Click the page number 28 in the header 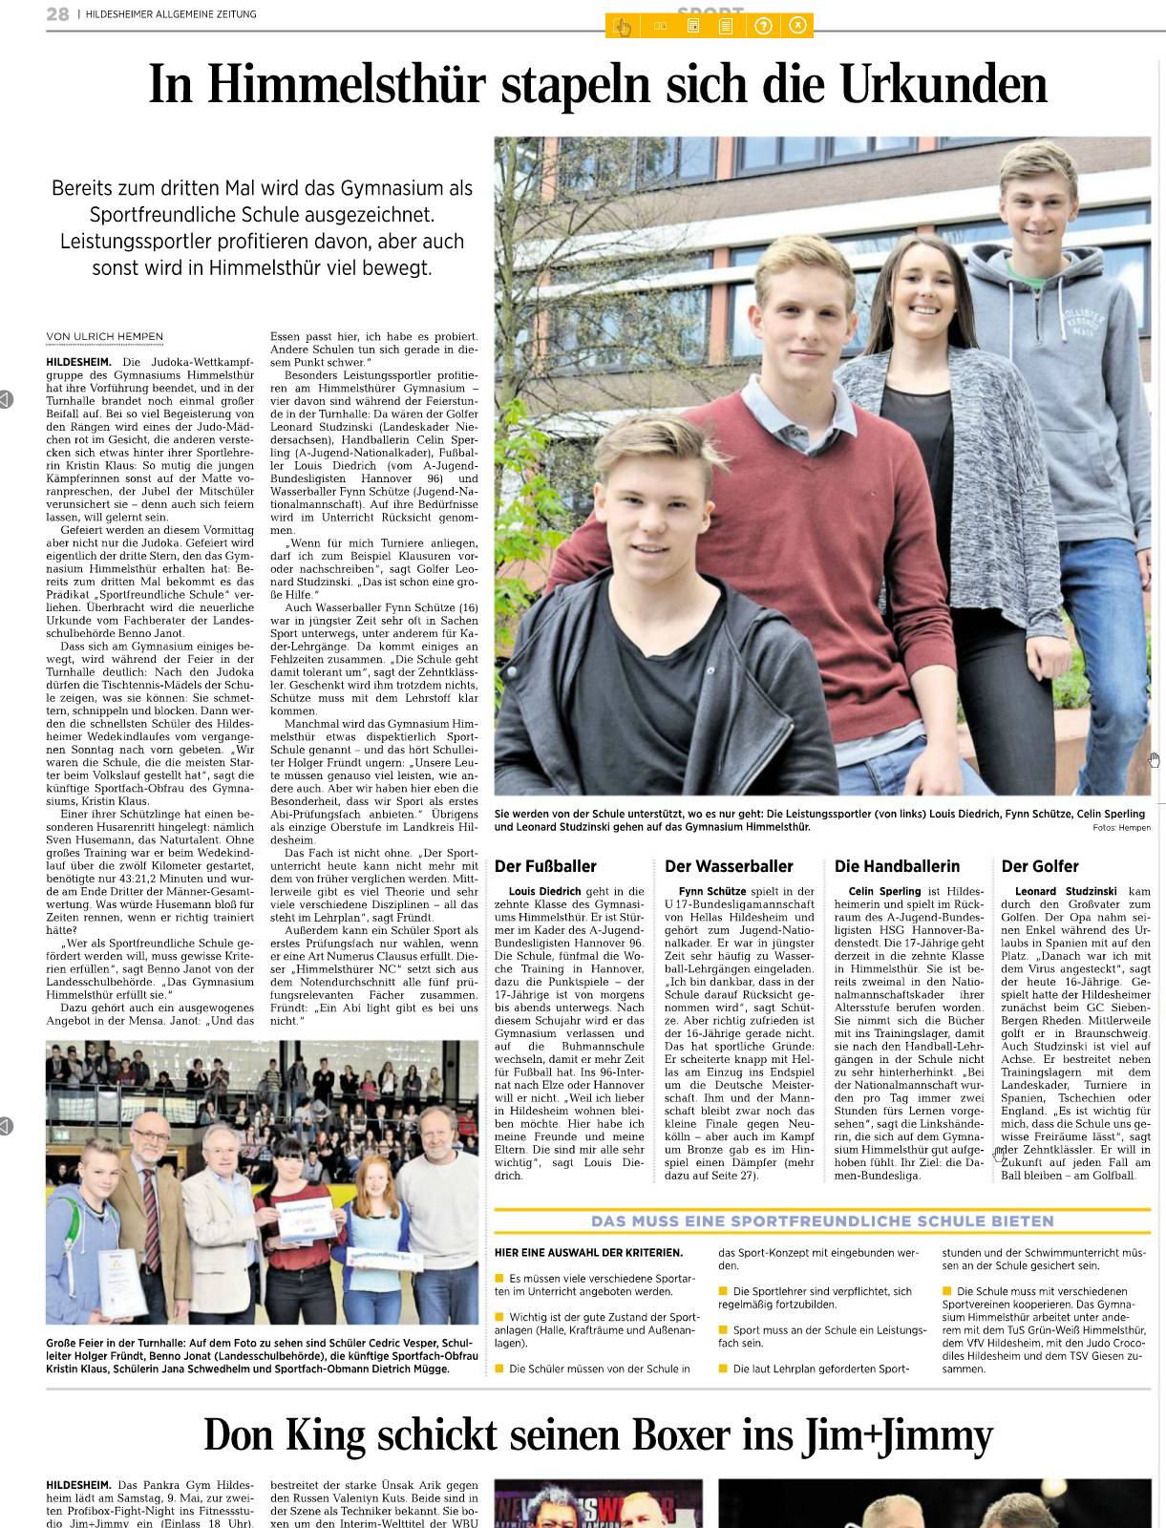[x=57, y=14]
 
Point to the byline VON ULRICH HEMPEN [x=105, y=336]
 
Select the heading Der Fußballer [x=545, y=866]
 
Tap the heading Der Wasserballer [x=729, y=866]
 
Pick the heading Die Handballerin [x=897, y=866]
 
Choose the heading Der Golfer [x=1039, y=866]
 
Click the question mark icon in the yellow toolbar [x=763, y=26]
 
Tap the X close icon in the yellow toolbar [x=798, y=26]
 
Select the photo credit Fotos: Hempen [x=1121, y=828]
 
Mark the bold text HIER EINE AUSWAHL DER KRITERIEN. [x=588, y=1252]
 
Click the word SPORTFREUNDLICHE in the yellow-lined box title [x=824, y=1220]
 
